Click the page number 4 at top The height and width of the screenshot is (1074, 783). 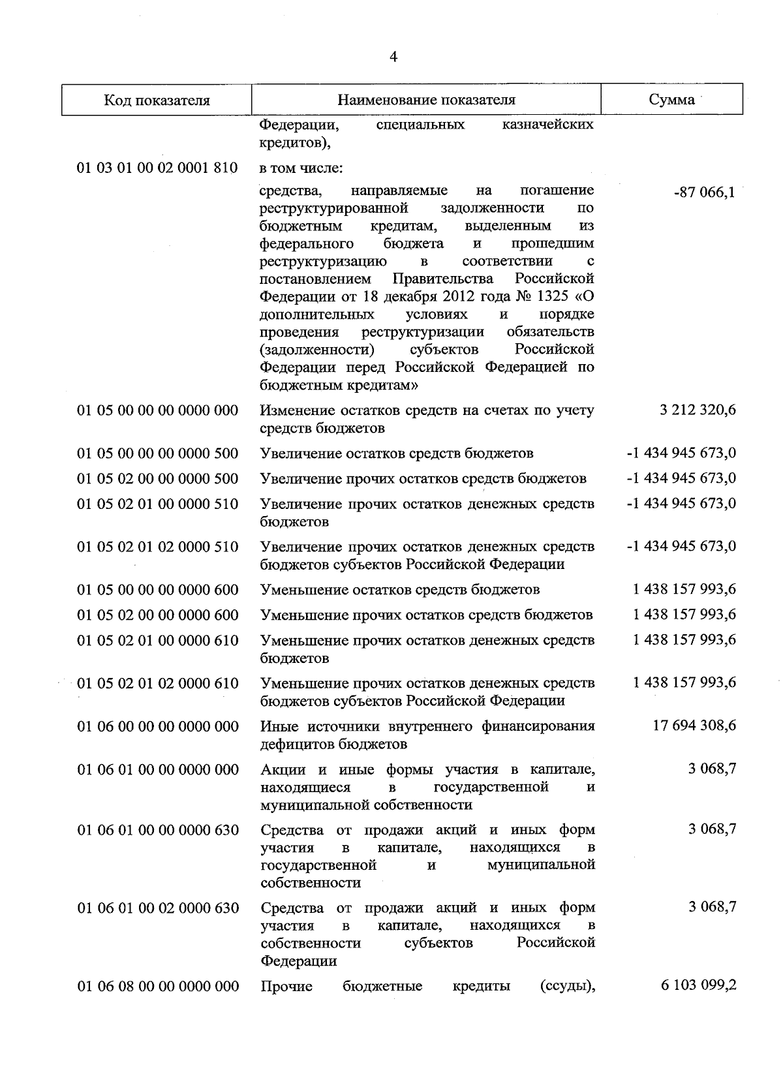click(393, 57)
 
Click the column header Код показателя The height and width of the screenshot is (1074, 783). click(157, 100)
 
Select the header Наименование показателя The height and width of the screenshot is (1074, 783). click(426, 100)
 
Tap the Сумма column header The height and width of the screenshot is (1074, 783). click(671, 100)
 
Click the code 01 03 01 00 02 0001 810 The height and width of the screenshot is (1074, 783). click(157, 168)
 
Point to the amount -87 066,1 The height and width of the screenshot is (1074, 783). click(707, 192)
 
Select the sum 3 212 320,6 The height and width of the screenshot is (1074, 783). click(698, 410)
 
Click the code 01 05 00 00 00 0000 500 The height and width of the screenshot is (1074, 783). click(158, 453)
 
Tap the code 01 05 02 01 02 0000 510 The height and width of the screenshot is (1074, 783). click(158, 547)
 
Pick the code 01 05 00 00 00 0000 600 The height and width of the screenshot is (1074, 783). click(158, 590)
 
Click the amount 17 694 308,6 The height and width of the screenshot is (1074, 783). click(694, 726)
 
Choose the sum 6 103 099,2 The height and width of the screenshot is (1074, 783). click(698, 985)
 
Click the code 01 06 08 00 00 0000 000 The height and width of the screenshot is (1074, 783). click(158, 986)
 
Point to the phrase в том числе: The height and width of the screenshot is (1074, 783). click(301, 168)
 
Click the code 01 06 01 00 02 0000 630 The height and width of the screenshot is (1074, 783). click(158, 908)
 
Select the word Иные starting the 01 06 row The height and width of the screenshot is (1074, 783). click(278, 726)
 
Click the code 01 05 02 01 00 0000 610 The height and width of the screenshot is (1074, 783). click(158, 641)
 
